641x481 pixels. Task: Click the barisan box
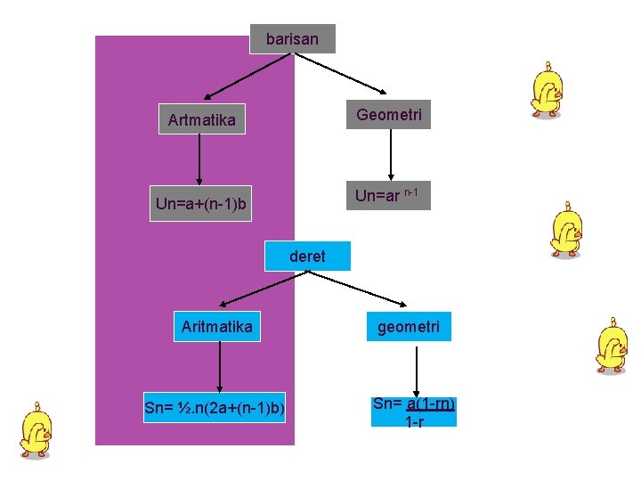coord(292,39)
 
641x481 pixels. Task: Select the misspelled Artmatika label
coord(202,120)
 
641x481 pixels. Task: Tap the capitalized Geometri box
coord(389,115)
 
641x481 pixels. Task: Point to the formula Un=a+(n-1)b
coord(202,206)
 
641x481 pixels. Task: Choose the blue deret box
coord(307,257)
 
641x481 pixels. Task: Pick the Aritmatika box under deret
coord(216,327)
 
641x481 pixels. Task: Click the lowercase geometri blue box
coord(408,327)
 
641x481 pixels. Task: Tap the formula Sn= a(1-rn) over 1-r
coord(414,412)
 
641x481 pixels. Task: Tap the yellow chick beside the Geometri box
coord(545,91)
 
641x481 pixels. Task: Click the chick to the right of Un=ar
coord(566,230)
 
